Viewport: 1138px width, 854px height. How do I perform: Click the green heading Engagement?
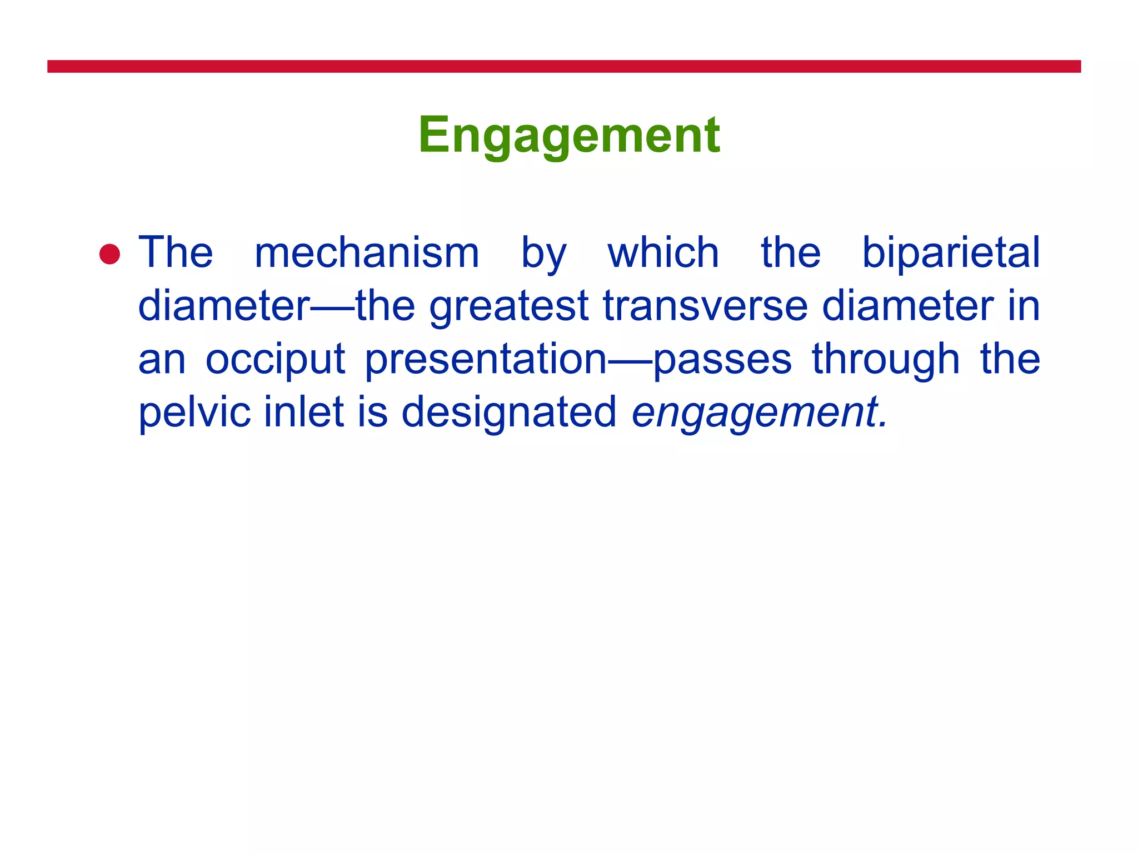(x=569, y=135)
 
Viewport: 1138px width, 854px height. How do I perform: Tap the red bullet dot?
(x=109, y=254)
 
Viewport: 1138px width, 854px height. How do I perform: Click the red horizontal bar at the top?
(x=563, y=67)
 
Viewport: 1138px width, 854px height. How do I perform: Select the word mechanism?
(x=367, y=253)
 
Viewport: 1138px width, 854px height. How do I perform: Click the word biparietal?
(x=950, y=253)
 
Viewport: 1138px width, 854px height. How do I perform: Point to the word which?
(x=663, y=253)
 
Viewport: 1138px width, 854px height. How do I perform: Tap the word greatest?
(x=508, y=306)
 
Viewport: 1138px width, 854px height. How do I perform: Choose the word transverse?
(x=705, y=306)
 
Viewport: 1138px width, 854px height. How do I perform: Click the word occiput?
(x=276, y=360)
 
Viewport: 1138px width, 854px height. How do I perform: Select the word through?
(x=886, y=360)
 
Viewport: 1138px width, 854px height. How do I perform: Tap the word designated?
(x=508, y=413)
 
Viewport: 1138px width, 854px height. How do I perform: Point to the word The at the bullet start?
(x=176, y=253)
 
